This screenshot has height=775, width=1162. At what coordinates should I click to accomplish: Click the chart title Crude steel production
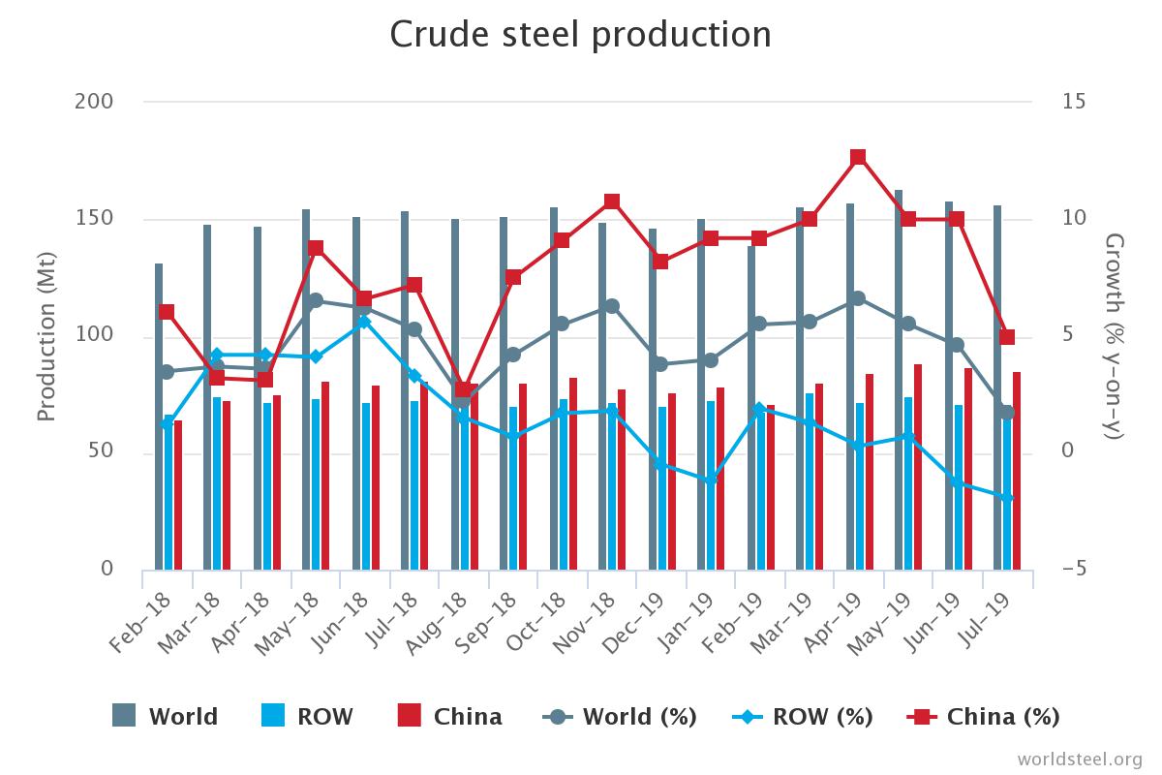(580, 35)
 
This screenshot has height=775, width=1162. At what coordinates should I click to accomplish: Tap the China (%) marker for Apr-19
(858, 158)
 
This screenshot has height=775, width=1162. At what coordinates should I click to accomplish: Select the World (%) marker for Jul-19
(1007, 413)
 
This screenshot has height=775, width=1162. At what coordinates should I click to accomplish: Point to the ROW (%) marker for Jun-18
(364, 322)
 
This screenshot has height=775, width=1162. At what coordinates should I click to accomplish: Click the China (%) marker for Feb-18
(167, 312)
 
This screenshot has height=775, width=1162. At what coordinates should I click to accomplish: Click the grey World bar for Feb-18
(159, 417)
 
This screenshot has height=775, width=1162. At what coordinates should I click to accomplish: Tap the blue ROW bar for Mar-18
(217, 483)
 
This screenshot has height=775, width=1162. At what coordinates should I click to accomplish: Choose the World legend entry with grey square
(166, 717)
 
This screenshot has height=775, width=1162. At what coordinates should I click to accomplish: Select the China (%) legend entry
(983, 717)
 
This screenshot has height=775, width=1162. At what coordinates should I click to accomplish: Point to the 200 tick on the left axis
(94, 102)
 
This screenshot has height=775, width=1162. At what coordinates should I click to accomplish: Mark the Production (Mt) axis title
(46, 335)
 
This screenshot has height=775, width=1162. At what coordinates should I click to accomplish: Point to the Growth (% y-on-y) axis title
(1115, 335)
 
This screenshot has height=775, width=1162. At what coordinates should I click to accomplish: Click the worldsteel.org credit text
(1080, 758)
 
